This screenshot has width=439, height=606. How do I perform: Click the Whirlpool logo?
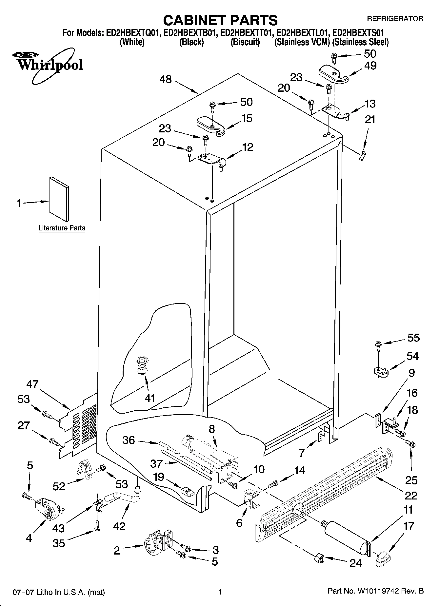49,64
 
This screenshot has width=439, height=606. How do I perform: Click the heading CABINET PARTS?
220,20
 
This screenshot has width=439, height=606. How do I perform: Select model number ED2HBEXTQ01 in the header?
132,33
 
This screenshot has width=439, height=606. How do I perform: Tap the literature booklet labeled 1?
59,199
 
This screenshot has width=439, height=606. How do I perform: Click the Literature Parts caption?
62,228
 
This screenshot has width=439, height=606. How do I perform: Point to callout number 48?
166,79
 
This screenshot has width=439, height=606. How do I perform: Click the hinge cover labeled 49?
333,72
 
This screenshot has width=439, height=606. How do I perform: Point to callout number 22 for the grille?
411,495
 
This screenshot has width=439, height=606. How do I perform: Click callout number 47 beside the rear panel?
32,384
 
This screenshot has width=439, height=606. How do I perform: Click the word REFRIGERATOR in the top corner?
395,19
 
